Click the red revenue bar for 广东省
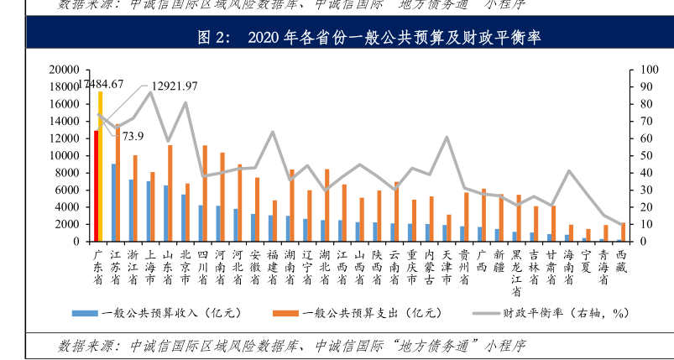(97, 185)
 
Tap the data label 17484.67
(102, 84)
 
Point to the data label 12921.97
(175, 86)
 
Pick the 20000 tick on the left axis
(64, 70)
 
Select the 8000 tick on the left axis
(66, 173)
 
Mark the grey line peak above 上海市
(150, 91)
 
